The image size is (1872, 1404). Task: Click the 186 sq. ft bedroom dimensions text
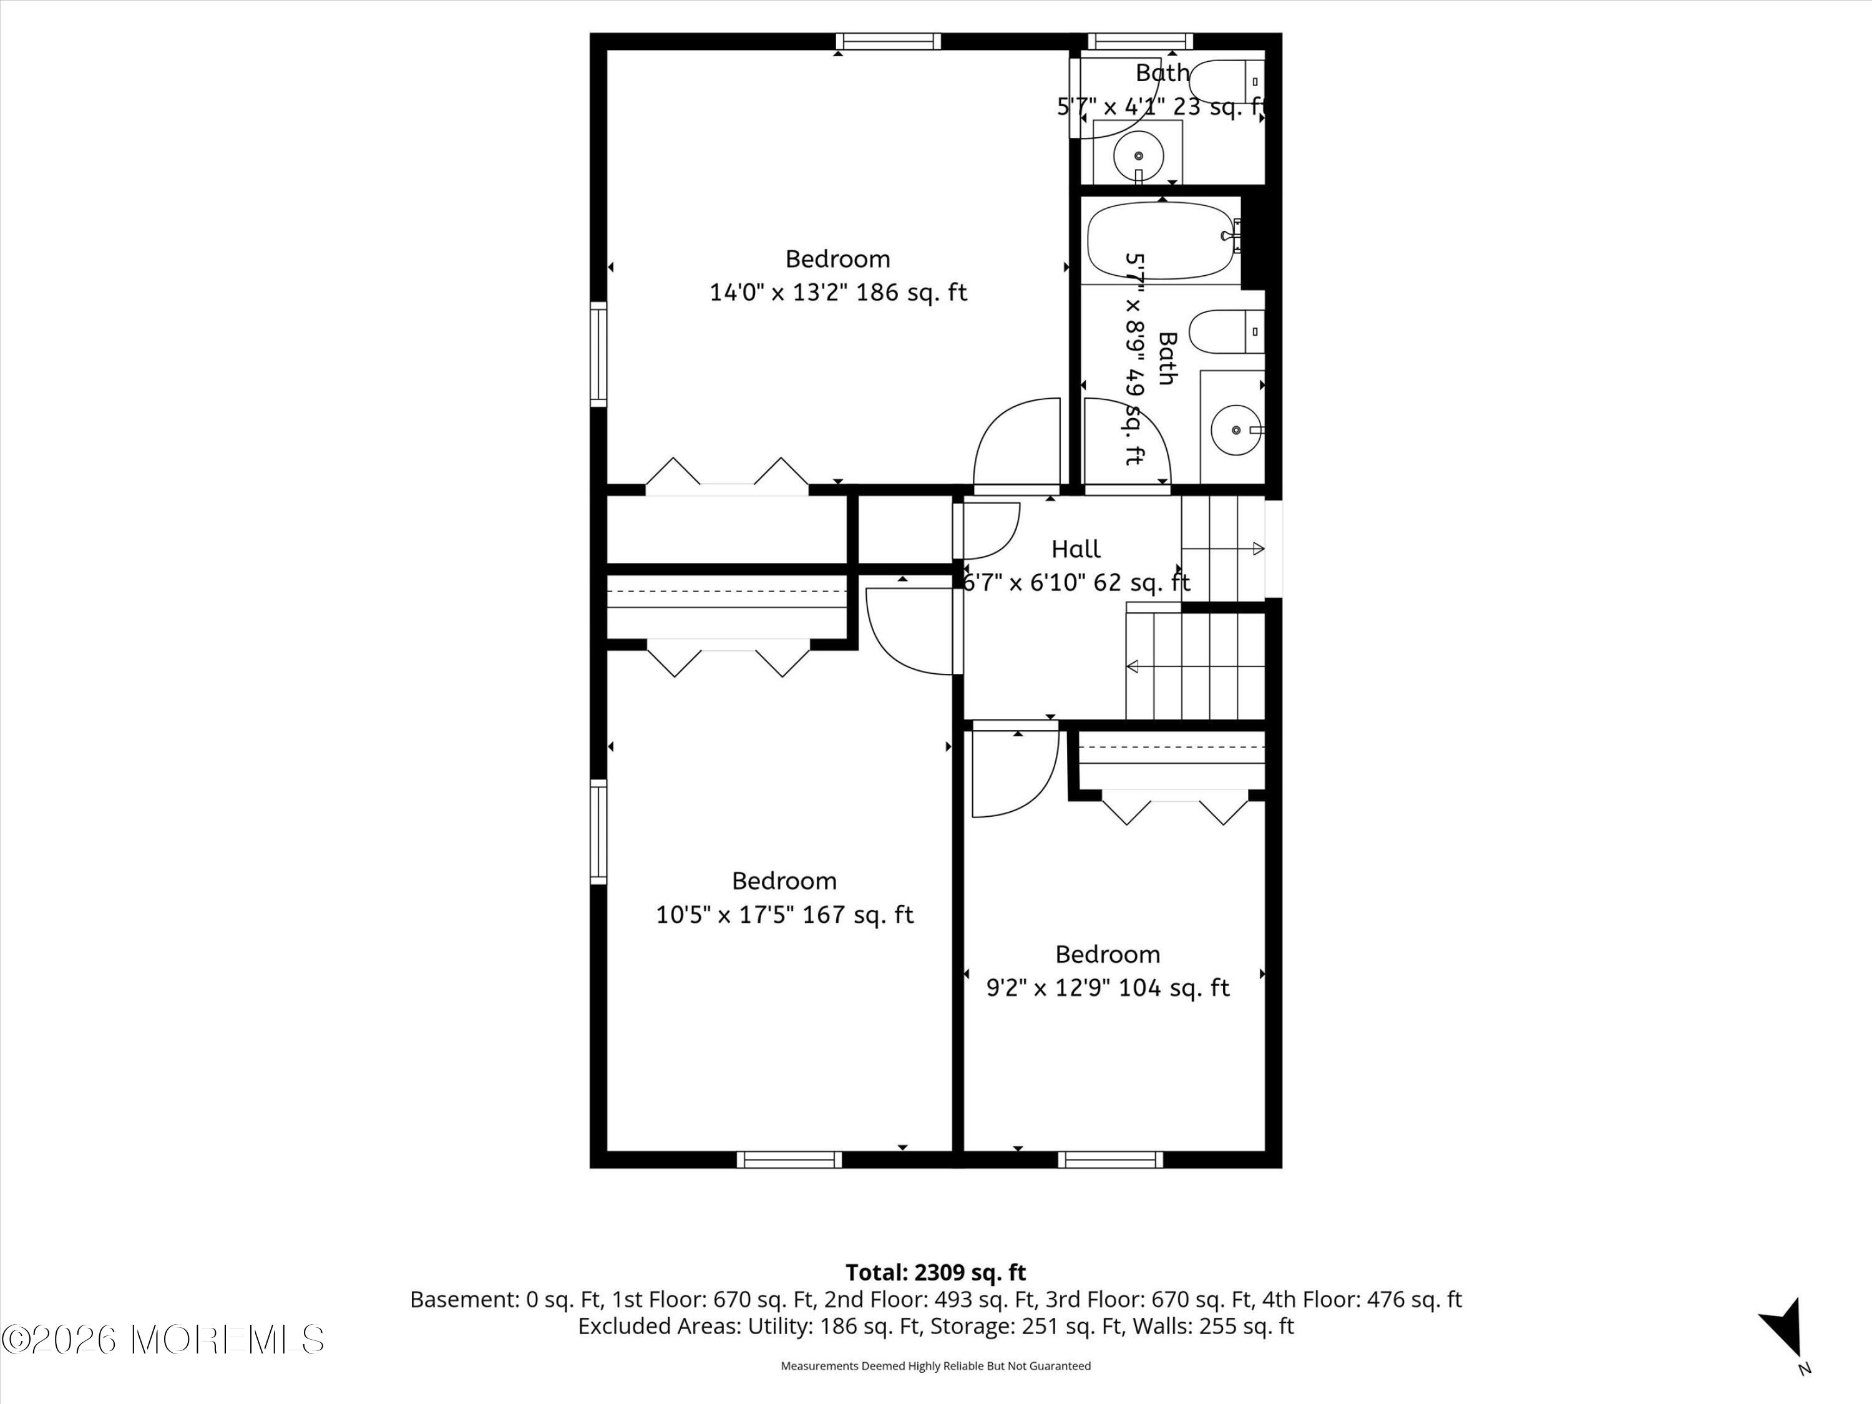point(838,293)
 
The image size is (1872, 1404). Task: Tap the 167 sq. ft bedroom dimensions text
point(784,915)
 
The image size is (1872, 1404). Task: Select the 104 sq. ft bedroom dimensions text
point(1108,988)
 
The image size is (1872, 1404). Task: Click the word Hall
point(1076,549)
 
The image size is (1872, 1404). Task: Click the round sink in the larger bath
point(1236,430)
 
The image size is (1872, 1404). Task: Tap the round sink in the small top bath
point(1138,157)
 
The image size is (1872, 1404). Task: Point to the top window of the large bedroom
point(889,41)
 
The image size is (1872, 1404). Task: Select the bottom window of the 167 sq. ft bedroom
point(789,1159)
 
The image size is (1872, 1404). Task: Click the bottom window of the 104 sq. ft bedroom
point(1110,1159)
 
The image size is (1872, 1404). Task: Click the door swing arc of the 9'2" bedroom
point(1036,793)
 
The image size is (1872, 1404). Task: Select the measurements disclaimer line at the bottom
point(935,1366)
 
